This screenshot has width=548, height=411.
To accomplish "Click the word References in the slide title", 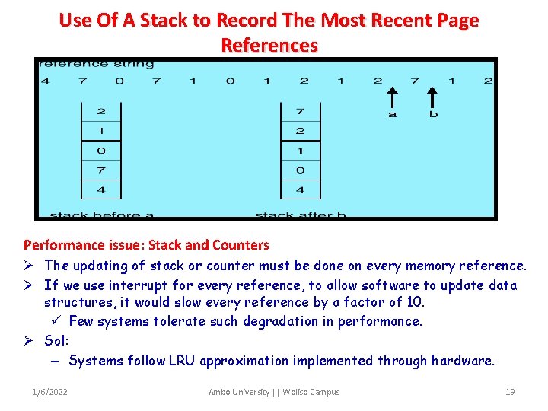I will click(x=269, y=45).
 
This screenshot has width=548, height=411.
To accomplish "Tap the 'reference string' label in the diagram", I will click(x=96, y=64).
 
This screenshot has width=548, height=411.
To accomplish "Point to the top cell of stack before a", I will click(x=101, y=111).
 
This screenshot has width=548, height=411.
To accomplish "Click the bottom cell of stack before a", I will click(x=101, y=190).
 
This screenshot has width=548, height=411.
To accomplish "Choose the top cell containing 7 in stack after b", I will click(x=301, y=111).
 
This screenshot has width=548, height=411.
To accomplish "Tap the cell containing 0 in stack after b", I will click(x=301, y=170).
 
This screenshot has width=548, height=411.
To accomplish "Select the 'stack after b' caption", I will click(x=301, y=215).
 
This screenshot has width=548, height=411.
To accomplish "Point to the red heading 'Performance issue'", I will click(x=83, y=245).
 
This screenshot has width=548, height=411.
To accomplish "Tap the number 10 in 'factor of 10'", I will click(x=415, y=302).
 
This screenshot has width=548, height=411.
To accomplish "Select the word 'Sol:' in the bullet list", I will click(x=57, y=341).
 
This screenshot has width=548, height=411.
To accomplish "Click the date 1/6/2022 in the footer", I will click(x=49, y=392).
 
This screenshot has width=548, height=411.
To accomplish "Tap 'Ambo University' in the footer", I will click(x=239, y=392).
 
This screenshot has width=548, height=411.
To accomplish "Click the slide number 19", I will click(x=510, y=392).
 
